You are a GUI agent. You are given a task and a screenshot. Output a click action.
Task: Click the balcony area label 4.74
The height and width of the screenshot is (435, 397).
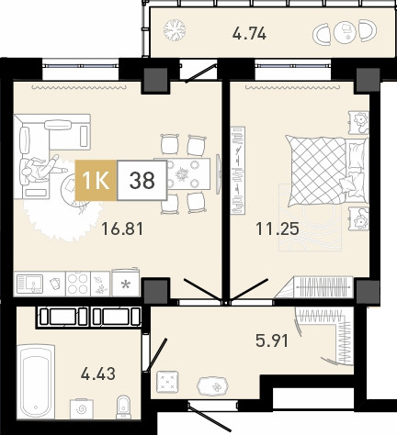coord(249,33)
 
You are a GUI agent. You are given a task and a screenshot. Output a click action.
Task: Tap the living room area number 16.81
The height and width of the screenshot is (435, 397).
coord(122,229)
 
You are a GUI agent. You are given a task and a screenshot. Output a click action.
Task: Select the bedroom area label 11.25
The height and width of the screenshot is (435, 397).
coord(278,229)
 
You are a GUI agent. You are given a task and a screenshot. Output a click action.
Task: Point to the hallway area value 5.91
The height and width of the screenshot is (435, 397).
coord(272,340)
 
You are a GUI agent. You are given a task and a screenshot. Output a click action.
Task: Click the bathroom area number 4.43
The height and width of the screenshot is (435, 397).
coord(98,374)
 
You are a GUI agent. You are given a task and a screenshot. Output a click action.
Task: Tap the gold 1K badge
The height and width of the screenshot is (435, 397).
coord(96,181)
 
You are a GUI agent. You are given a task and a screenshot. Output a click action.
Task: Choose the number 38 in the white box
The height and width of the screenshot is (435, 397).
coord(142,181)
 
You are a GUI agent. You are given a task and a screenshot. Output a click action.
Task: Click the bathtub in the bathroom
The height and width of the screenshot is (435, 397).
coord(36,382)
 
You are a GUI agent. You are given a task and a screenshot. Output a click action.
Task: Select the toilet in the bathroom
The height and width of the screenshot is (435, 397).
coord(123,407)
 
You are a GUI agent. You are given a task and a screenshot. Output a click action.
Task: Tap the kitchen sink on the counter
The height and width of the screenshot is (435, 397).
coord(29,284)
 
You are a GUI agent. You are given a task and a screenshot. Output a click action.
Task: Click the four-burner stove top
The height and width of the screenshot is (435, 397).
coord(78,284)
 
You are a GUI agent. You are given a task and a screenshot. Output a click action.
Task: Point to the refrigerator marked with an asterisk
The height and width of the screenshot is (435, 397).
coord(126,283)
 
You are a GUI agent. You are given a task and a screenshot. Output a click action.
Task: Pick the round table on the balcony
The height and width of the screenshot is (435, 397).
coord(345,31)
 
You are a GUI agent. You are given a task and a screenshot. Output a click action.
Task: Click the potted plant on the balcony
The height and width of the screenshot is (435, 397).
coord(175,30)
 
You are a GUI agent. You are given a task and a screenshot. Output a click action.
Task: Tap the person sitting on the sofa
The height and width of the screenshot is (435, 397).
coord(40,169)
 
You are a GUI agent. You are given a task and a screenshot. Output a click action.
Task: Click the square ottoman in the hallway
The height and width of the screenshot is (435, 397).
coord(167,382)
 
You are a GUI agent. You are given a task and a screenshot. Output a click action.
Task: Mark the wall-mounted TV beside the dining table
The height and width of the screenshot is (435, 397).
coord(218,173)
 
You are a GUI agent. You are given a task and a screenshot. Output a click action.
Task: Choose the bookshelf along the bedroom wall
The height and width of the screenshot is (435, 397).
coord(238,171)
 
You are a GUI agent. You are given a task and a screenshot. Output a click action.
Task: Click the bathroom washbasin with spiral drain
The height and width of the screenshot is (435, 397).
coord(81,409)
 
